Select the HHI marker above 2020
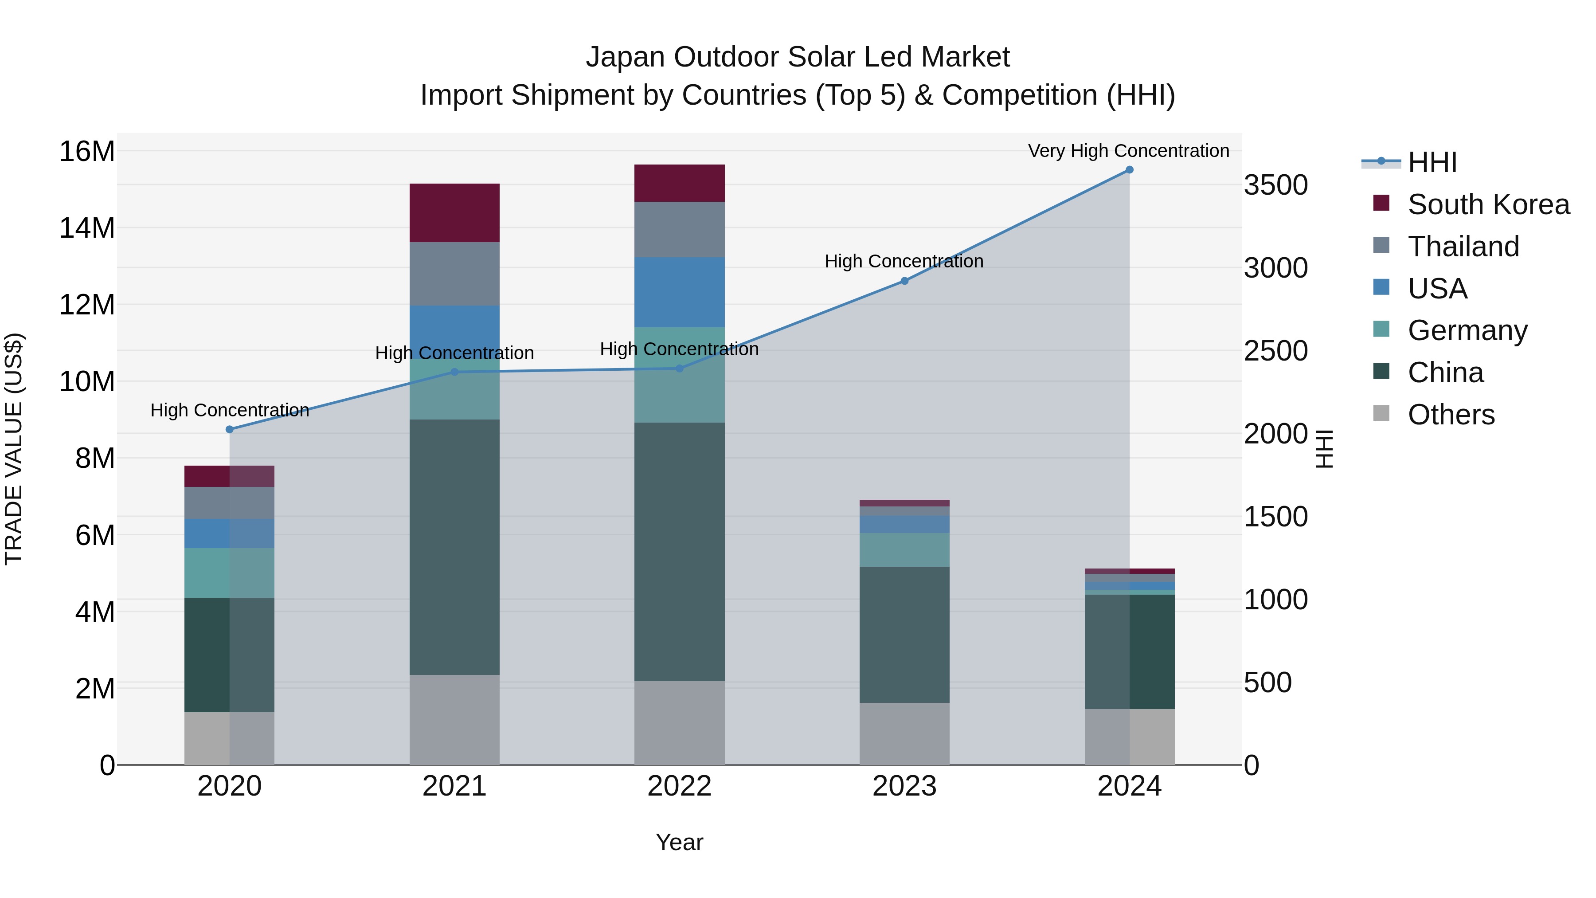(x=229, y=429)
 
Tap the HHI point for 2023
(x=904, y=281)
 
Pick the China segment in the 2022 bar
(x=679, y=552)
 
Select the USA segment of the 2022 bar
(x=679, y=292)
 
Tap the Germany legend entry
(x=1467, y=330)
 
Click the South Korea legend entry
(x=1488, y=204)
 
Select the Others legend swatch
(x=1381, y=413)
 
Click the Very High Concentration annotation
(x=1128, y=151)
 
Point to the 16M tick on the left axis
(x=87, y=152)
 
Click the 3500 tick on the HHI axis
(x=1275, y=185)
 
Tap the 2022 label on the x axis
(x=679, y=786)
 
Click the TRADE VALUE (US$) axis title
(x=14, y=449)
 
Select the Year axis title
(x=679, y=842)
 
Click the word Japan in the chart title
(x=625, y=57)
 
